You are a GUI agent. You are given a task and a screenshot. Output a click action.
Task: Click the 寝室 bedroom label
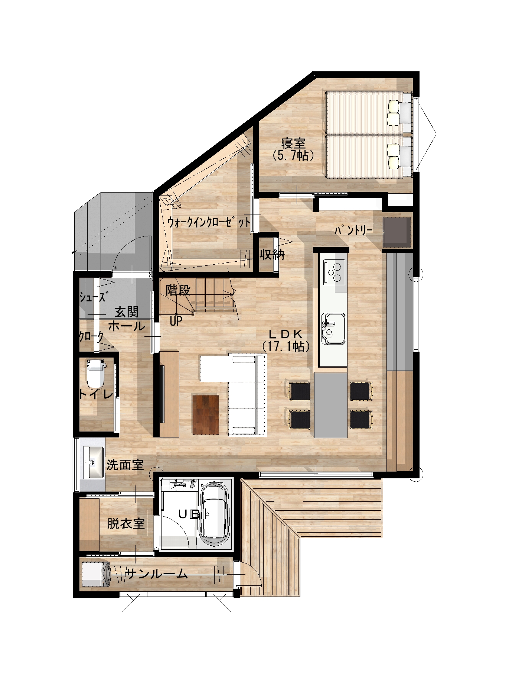(x=293, y=143)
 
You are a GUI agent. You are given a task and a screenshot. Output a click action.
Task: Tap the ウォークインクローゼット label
(x=209, y=223)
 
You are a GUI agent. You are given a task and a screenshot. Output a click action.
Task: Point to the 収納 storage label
(x=272, y=255)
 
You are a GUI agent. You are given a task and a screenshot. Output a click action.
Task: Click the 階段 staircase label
(x=178, y=290)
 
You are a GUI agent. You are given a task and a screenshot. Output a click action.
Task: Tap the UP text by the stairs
(x=176, y=321)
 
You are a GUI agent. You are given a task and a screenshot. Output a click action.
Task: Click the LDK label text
(x=286, y=333)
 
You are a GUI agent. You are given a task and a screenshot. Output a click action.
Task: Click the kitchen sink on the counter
(x=334, y=329)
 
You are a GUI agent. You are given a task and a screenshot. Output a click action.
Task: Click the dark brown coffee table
(x=206, y=414)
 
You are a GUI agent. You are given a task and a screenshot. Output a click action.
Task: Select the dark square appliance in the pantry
(x=397, y=233)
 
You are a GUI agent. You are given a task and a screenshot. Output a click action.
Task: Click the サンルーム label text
(x=156, y=574)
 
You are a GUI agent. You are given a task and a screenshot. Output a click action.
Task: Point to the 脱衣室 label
(x=126, y=524)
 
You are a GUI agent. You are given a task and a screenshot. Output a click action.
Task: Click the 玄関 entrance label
(x=127, y=311)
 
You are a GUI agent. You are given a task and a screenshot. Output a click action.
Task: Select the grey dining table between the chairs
(x=331, y=405)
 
